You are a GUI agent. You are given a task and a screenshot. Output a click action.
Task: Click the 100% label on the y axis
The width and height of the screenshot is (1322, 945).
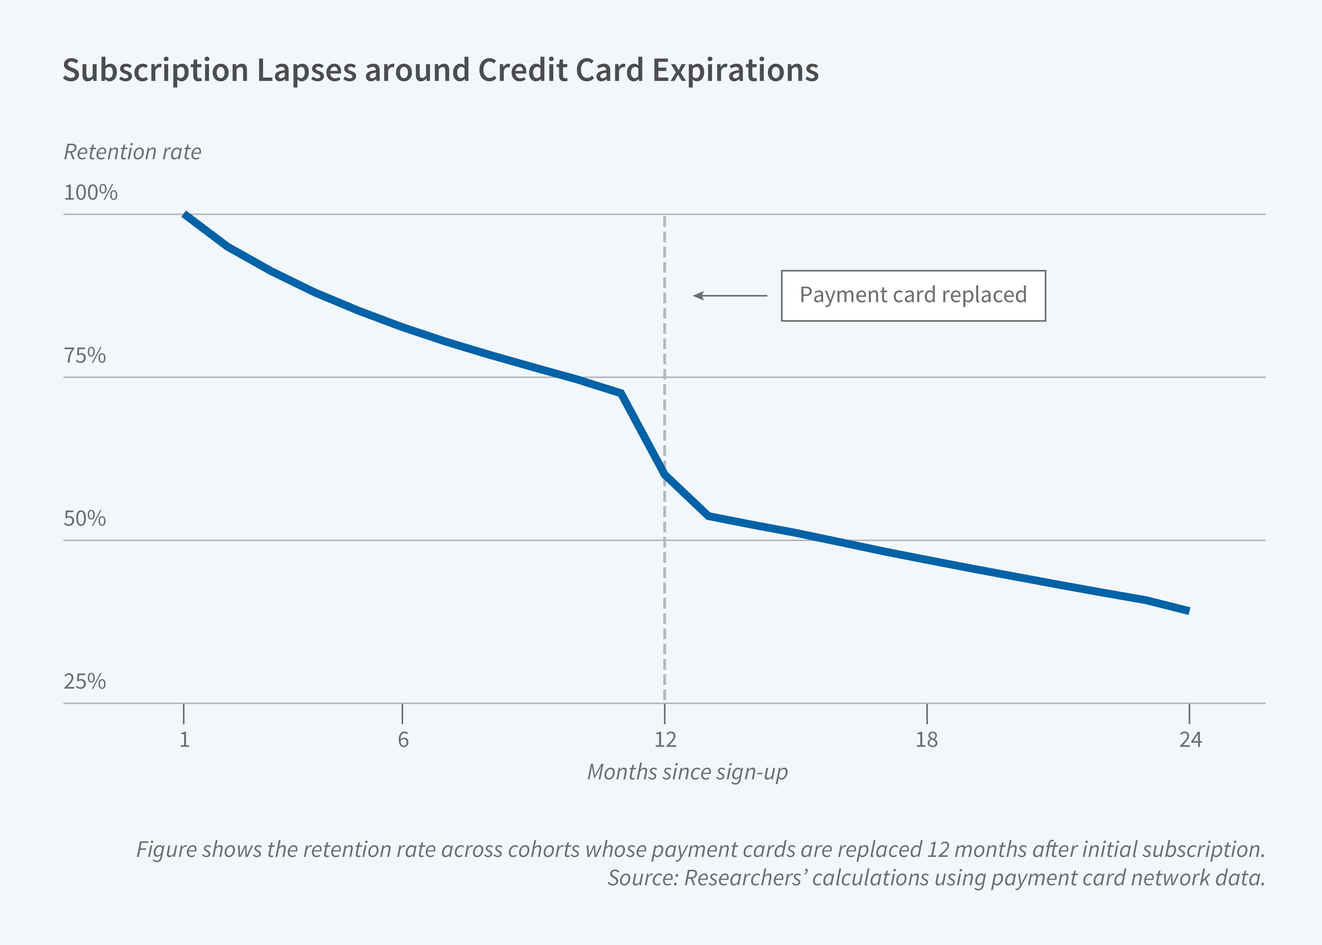90,192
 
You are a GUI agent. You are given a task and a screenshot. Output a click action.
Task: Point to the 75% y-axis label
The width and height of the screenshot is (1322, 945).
85,355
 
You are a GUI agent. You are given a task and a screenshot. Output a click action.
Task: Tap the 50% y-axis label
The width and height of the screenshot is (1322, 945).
85,518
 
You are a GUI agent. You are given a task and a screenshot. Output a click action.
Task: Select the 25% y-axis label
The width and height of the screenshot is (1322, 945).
85,681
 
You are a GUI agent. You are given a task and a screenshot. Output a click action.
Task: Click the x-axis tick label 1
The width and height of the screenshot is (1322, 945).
184,740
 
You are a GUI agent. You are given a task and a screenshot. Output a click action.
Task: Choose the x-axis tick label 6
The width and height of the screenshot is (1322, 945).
402,740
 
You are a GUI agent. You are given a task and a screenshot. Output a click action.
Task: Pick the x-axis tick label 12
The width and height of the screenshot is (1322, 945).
666,740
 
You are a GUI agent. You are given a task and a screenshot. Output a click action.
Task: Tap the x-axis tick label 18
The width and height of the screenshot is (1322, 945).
927,740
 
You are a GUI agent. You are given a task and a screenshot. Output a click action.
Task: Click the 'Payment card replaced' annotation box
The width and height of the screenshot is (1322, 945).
913,296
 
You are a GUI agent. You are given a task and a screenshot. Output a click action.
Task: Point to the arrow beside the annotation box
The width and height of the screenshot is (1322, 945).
730,296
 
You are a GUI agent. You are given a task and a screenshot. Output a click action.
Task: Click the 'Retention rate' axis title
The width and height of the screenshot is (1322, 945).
133,152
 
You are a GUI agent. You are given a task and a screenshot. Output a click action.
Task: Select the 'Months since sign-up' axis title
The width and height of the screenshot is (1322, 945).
687,772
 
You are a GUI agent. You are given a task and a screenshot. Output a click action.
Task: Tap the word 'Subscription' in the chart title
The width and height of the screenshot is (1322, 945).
155,70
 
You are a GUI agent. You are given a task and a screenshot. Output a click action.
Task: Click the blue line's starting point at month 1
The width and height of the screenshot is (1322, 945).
185,215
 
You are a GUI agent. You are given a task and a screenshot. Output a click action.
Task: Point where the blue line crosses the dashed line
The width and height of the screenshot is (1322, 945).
665,474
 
